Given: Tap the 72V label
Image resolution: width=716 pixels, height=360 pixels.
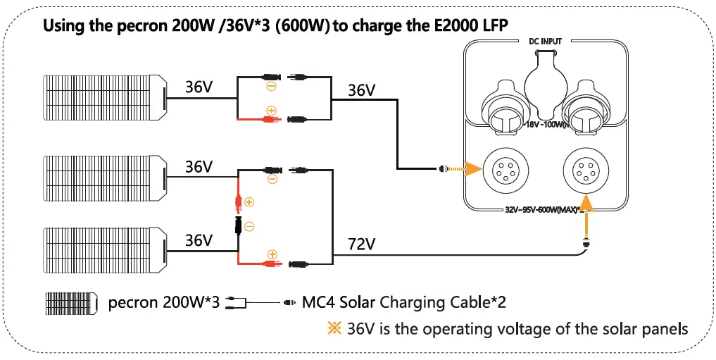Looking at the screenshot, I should pos(362,244).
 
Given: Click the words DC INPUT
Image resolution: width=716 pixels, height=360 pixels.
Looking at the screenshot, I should pos(545,42).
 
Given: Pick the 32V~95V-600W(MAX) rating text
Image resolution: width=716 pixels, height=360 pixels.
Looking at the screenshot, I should pos(545,209).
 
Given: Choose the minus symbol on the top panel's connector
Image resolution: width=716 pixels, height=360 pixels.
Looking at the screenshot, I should pos(271,87).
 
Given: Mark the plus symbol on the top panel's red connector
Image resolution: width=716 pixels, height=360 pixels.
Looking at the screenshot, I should pos(271,110).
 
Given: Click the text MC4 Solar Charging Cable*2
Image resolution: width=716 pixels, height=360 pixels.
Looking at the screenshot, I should pos(403,302).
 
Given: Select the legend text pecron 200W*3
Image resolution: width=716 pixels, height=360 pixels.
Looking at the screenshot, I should pos(164,303).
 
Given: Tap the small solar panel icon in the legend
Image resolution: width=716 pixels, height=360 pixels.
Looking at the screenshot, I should pos(72,303).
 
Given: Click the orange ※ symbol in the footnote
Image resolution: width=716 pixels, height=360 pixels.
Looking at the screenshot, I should pos(334,328).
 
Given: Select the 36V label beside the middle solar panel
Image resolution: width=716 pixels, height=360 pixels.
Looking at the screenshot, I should pos(199,167).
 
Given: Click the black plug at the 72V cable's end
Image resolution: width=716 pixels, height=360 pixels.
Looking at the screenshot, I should pos(585,244).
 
